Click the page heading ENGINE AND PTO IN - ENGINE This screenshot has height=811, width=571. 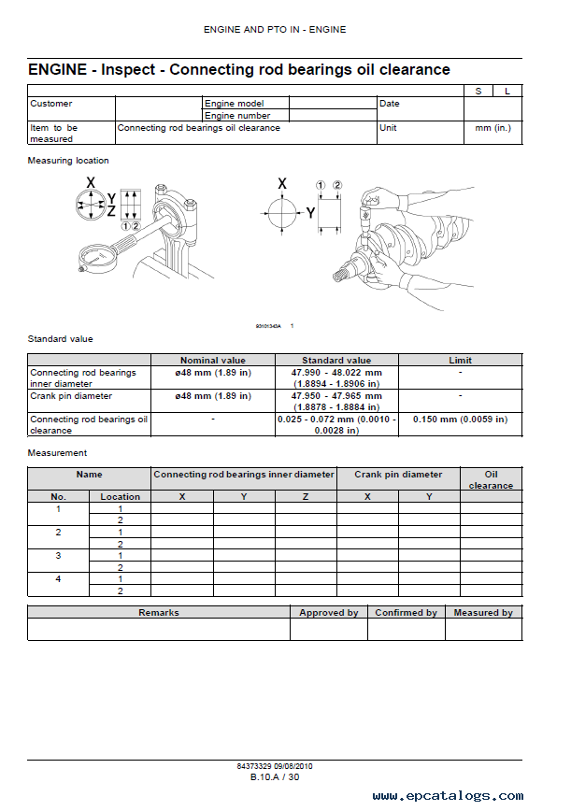(275, 30)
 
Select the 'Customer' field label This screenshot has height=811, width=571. (51, 104)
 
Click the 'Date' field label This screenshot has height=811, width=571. (390, 104)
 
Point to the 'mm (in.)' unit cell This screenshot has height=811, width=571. (493, 128)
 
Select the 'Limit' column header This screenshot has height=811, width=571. (460, 360)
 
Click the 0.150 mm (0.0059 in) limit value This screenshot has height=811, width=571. (460, 420)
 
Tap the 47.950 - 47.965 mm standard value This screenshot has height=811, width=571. (335, 396)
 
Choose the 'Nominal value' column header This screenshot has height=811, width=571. (212, 360)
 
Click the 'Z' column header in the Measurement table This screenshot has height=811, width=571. (306, 496)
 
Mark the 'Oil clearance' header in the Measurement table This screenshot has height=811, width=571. (491, 480)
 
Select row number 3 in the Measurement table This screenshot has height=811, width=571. (58, 555)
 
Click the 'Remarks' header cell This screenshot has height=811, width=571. (159, 613)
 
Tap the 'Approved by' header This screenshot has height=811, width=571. (328, 613)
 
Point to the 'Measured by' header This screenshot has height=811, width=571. (482, 613)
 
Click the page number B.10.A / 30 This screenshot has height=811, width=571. (275, 777)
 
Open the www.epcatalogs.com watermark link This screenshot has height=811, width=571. (448, 797)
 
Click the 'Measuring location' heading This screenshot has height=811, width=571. (68, 161)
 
